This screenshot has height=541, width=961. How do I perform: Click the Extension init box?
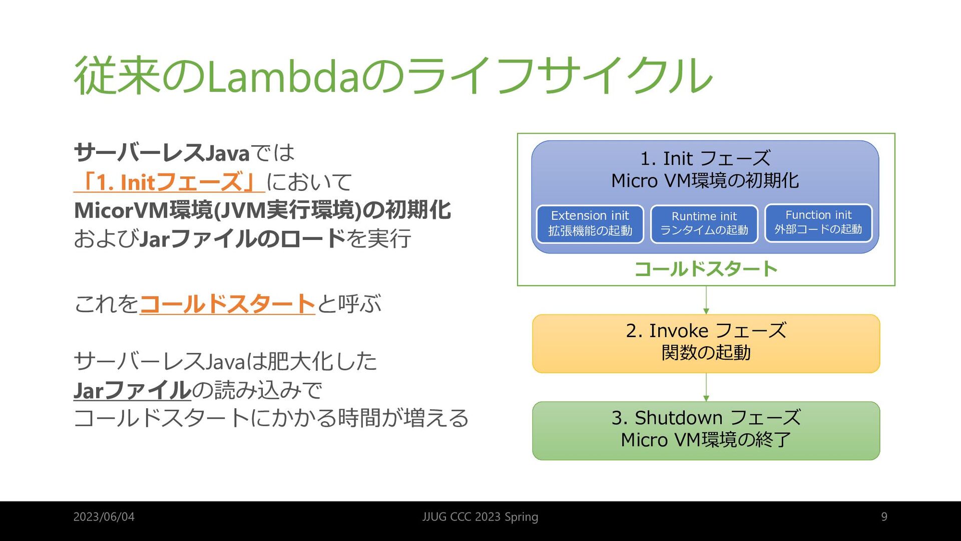(590, 224)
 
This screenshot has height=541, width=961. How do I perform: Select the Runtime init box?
(704, 224)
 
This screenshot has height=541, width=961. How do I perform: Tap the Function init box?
(818, 223)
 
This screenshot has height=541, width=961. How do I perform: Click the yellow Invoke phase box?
(706, 344)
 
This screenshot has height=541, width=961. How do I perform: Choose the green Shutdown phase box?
(706, 431)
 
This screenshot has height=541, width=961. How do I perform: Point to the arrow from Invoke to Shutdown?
(706, 387)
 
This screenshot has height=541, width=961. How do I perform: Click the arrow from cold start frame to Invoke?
(706, 300)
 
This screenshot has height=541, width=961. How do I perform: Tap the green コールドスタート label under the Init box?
(706, 269)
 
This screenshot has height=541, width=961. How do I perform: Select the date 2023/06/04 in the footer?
(104, 517)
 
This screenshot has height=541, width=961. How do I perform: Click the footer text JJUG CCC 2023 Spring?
(480, 517)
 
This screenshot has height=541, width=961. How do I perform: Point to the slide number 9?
(884, 517)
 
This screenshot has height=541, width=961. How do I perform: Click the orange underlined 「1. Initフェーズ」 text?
(169, 182)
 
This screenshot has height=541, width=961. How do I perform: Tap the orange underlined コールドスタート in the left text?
(227, 304)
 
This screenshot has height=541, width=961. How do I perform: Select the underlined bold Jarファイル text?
(133, 390)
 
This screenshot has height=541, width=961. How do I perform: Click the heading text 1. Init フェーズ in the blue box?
(705, 159)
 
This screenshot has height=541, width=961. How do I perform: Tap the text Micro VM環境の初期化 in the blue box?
(705, 181)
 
